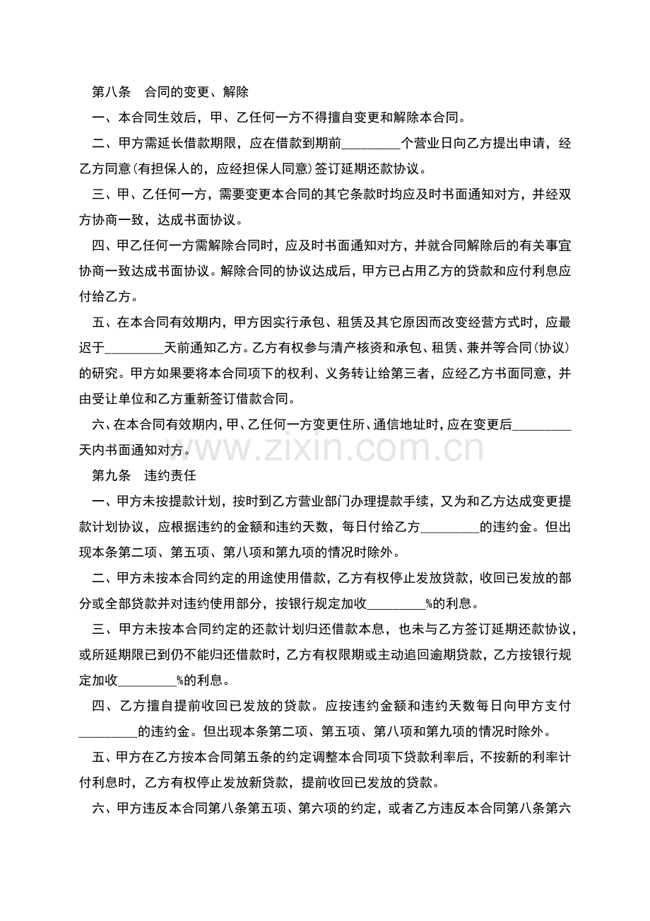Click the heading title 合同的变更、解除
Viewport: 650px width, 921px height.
point(196,91)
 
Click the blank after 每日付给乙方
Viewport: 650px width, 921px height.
point(450,526)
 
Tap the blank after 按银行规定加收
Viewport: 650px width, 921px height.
point(396,604)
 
